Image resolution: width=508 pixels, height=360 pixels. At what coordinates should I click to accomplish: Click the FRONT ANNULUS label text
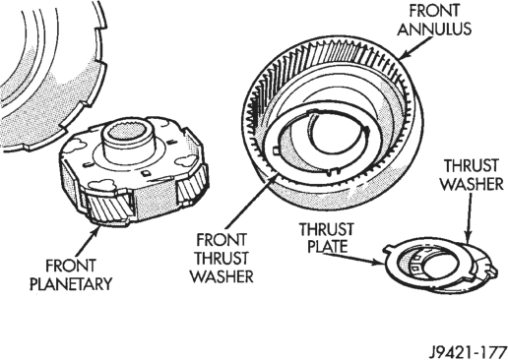(434, 20)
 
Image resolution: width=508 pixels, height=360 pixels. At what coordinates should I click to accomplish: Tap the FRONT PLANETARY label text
(71, 274)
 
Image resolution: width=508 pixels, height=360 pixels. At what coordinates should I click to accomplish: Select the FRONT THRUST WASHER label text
(222, 259)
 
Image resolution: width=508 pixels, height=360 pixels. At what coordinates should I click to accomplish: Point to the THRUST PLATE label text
(327, 237)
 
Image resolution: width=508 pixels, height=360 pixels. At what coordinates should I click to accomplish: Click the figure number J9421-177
(469, 353)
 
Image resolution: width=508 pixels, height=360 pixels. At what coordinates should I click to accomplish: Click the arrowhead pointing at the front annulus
(404, 55)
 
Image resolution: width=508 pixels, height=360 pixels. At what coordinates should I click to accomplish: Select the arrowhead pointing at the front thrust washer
(274, 180)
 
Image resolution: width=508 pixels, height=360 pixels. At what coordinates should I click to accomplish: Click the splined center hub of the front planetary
(127, 135)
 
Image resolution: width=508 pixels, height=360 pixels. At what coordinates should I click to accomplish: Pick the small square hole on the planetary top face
(146, 172)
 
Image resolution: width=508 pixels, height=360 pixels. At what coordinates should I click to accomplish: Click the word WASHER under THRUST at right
(472, 184)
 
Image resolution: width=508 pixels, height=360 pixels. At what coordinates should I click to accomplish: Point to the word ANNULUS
(434, 29)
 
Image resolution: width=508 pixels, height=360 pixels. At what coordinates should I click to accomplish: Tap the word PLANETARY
(71, 283)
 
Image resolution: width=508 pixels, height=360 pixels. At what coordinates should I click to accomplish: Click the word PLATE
(328, 246)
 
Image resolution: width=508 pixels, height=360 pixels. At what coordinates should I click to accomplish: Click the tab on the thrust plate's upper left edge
(389, 248)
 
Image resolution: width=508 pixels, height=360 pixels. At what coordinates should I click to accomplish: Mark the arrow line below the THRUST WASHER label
(469, 218)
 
